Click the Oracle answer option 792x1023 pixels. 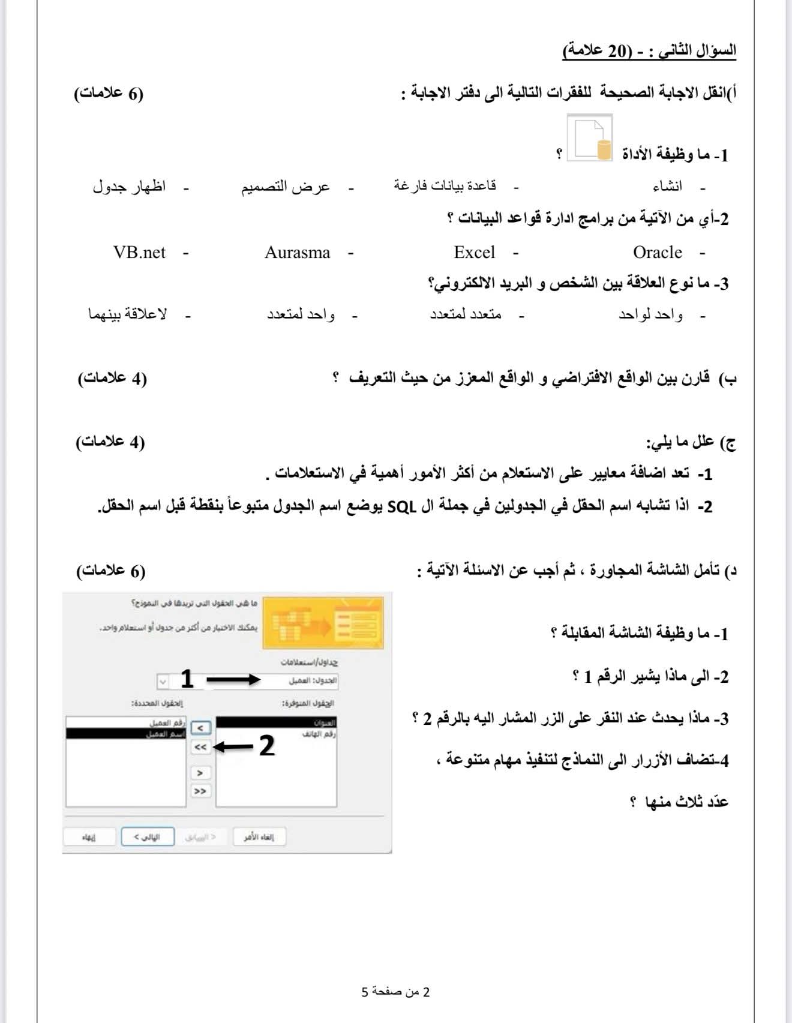pyautogui.click(x=657, y=253)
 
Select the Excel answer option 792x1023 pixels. pyautogui.click(x=474, y=253)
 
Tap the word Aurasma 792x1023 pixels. pyautogui.click(x=298, y=253)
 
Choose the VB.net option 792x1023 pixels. pyautogui.click(x=139, y=253)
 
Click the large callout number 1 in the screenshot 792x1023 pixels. pyautogui.click(x=187, y=679)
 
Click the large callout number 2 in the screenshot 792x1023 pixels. pyautogui.click(x=266, y=746)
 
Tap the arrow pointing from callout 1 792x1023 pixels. pyautogui.click(x=233, y=680)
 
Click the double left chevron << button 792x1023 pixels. pyautogui.click(x=200, y=747)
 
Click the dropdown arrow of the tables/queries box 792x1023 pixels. pyautogui.click(x=163, y=682)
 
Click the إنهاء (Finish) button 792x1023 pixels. pyautogui.click(x=89, y=837)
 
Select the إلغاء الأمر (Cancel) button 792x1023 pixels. pyautogui.click(x=259, y=837)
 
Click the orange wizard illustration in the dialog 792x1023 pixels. pyautogui.click(x=323, y=623)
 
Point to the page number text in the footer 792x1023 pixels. pyautogui.click(x=395, y=992)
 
